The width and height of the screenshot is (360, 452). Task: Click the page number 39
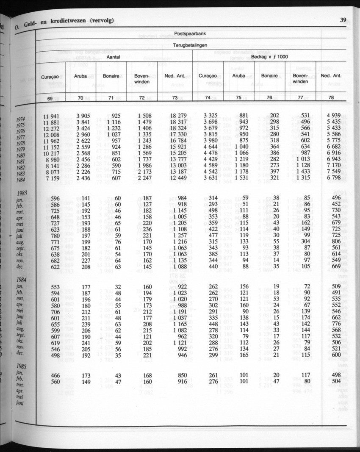[343, 19]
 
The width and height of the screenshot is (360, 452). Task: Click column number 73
[175, 97]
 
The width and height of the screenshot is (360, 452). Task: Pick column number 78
[331, 97]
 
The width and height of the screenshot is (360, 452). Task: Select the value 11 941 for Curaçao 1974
[51, 116]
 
